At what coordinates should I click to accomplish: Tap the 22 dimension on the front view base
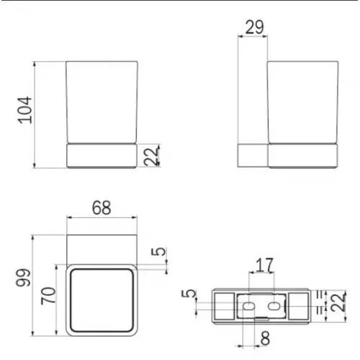(x=150, y=156)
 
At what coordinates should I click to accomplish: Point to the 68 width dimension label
(x=101, y=207)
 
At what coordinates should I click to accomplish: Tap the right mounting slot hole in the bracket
(x=274, y=306)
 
